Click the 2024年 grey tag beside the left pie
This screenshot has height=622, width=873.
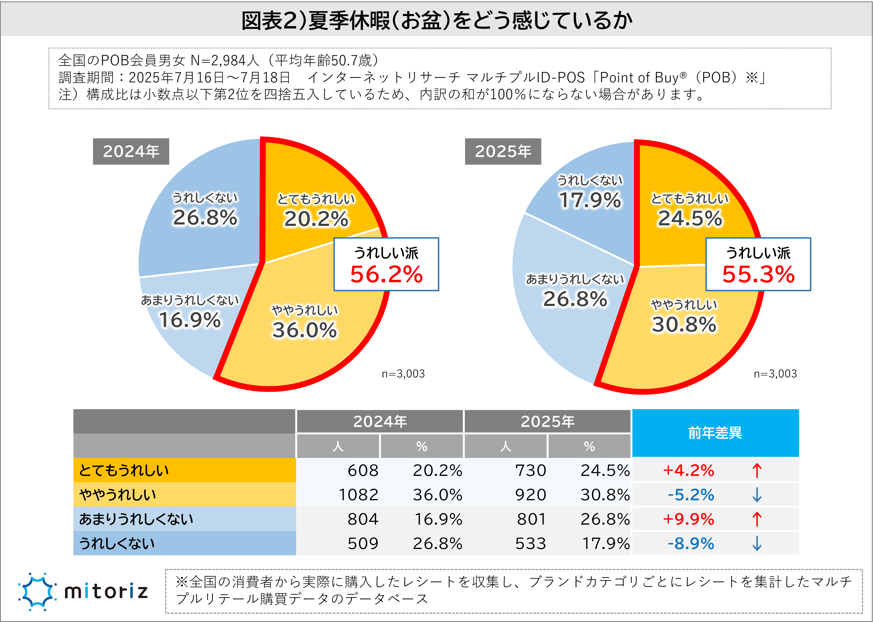(x=131, y=152)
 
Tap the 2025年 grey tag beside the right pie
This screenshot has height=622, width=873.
(x=503, y=152)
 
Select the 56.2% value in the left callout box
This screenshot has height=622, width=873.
(x=386, y=275)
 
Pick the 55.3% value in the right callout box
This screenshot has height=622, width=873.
(x=758, y=275)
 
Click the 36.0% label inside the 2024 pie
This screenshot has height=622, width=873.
(x=305, y=330)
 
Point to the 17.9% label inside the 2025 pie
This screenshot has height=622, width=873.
(x=590, y=200)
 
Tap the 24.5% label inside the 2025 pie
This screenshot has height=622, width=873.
(x=690, y=218)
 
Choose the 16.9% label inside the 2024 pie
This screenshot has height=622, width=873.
(x=190, y=320)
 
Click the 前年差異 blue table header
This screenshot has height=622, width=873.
(x=715, y=433)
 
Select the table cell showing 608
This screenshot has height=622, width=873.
(x=363, y=470)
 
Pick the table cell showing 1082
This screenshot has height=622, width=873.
(x=358, y=495)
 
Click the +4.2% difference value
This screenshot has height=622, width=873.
(x=688, y=470)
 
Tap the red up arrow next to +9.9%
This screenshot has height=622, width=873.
(x=756, y=519)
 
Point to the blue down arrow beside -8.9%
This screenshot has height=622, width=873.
(x=756, y=544)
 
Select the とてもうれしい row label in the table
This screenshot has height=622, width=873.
(x=124, y=470)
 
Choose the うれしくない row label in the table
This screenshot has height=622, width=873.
(x=117, y=544)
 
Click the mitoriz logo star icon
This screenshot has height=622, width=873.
(x=37, y=591)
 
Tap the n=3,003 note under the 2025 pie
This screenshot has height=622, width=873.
(x=775, y=374)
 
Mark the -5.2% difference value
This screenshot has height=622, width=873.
(x=691, y=495)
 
